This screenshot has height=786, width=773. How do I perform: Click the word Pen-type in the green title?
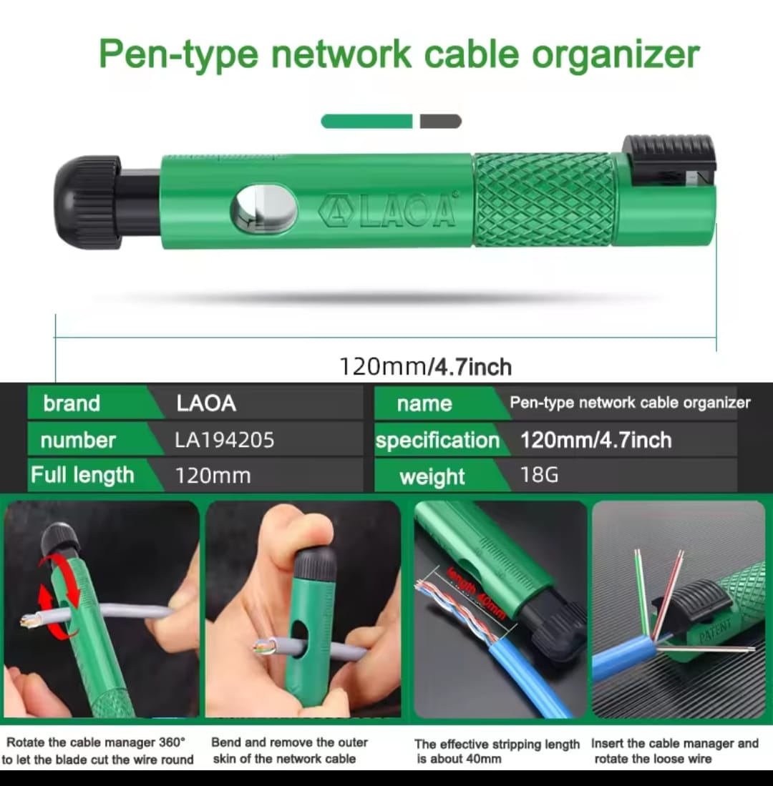pyautogui.click(x=179, y=54)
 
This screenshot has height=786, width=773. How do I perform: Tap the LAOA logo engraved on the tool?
pyautogui.click(x=388, y=210)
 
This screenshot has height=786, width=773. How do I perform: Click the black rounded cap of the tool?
pyautogui.click(x=87, y=202)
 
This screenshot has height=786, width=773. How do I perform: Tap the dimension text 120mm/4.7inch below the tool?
pyautogui.click(x=425, y=367)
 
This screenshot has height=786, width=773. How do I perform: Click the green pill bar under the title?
pyautogui.click(x=366, y=122)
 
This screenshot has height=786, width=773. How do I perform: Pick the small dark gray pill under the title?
pyautogui.click(x=440, y=122)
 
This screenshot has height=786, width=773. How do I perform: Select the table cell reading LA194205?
pyautogui.click(x=225, y=440)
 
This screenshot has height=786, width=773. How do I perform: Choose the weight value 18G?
pyautogui.click(x=539, y=475)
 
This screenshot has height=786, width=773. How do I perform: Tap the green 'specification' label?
pyautogui.click(x=437, y=440)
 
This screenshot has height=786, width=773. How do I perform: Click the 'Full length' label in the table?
pyautogui.click(x=82, y=475)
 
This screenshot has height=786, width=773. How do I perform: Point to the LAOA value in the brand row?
pyautogui.click(x=206, y=403)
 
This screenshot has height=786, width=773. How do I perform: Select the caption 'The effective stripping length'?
pyautogui.click(x=497, y=744)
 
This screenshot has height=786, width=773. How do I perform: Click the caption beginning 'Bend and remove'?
pyautogui.click(x=290, y=750)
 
